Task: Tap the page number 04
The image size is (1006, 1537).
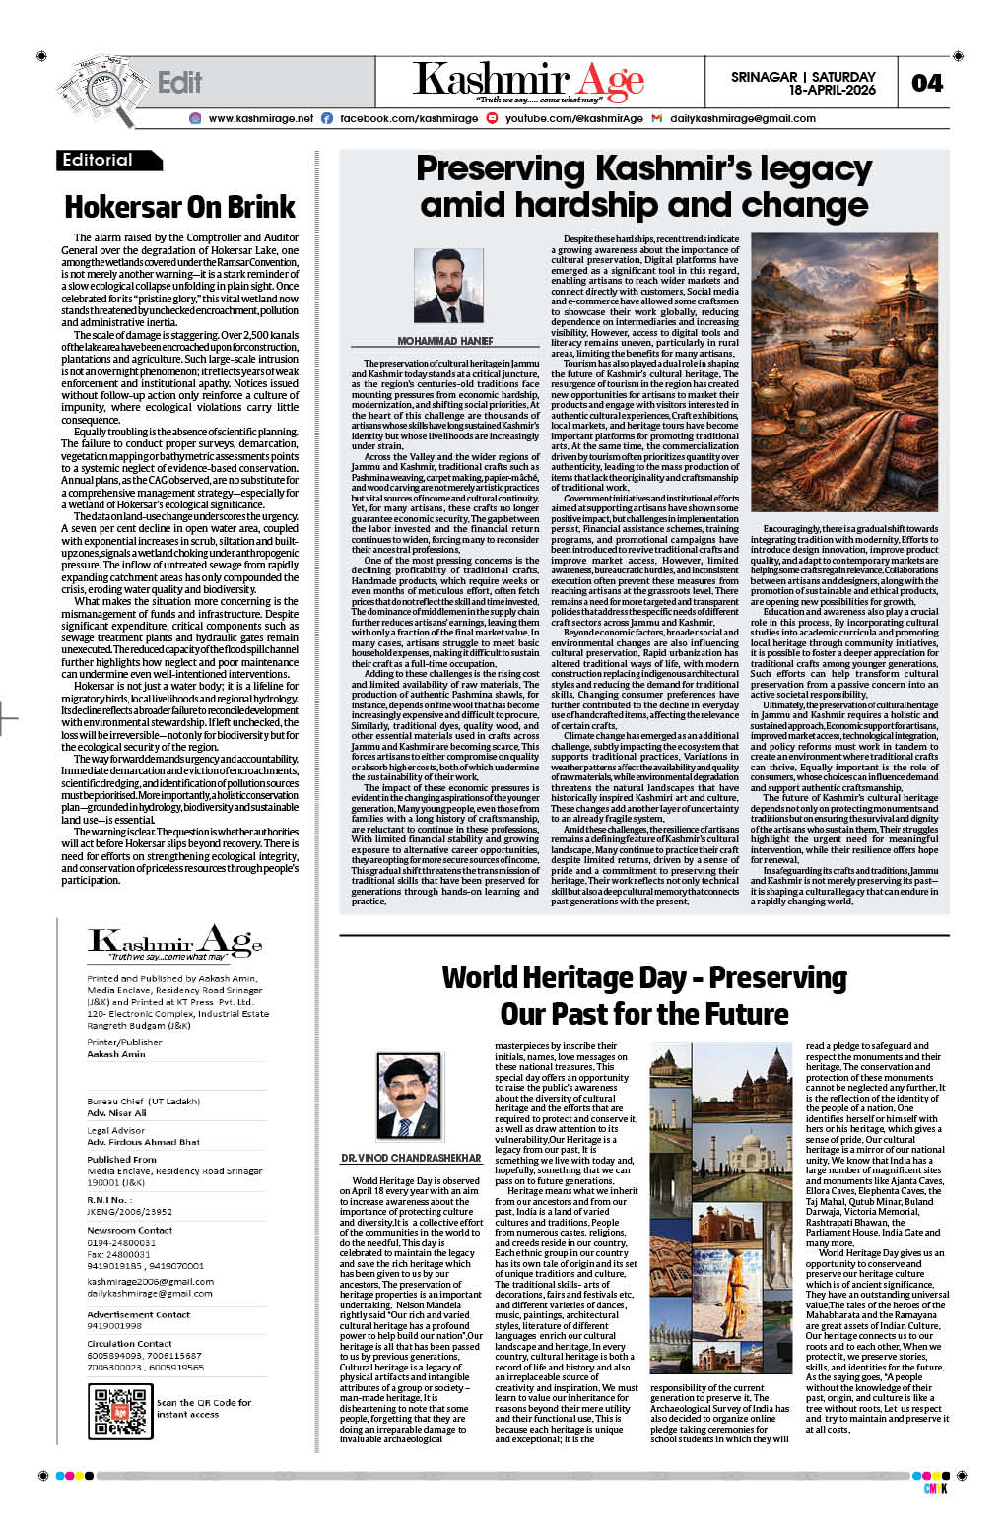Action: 927,83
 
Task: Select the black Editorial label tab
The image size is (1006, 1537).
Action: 106,161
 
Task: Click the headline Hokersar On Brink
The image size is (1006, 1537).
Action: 179,207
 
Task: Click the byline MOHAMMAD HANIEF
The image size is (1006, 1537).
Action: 445,341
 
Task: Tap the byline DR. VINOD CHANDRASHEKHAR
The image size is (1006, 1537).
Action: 411,1158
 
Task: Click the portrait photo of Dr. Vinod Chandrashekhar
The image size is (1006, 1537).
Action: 409,1097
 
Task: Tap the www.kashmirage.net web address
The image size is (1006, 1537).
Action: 260,118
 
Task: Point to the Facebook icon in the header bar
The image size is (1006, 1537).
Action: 327,118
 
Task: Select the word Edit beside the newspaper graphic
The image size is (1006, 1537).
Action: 179,83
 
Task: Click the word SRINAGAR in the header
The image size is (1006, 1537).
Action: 764,76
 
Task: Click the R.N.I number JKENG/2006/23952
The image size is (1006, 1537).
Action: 130,1213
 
